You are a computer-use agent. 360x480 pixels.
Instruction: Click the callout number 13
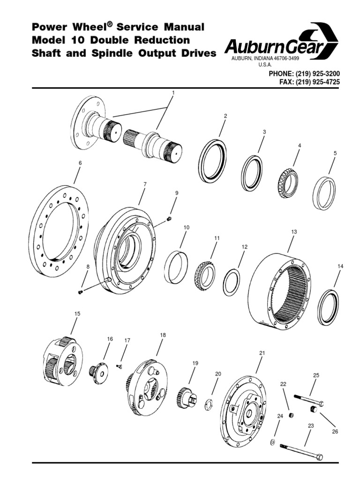click(294, 232)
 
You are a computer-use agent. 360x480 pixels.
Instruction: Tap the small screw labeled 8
click(81, 292)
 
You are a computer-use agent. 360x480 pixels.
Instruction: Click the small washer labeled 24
click(272, 442)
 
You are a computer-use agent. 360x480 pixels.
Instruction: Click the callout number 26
click(335, 431)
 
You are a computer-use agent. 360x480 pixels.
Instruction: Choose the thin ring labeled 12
click(232, 282)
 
